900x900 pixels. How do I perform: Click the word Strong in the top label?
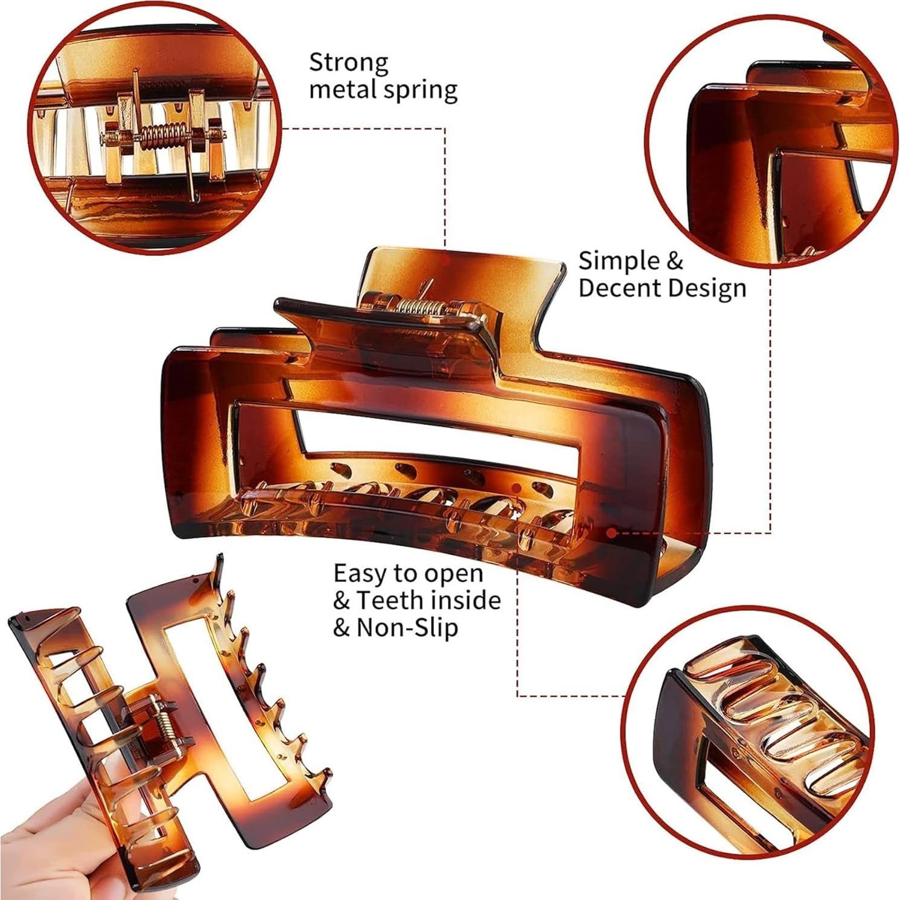(x=349, y=62)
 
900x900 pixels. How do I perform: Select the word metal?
(x=342, y=89)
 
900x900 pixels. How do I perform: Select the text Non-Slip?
(x=407, y=628)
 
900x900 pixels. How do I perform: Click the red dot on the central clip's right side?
(x=611, y=533)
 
